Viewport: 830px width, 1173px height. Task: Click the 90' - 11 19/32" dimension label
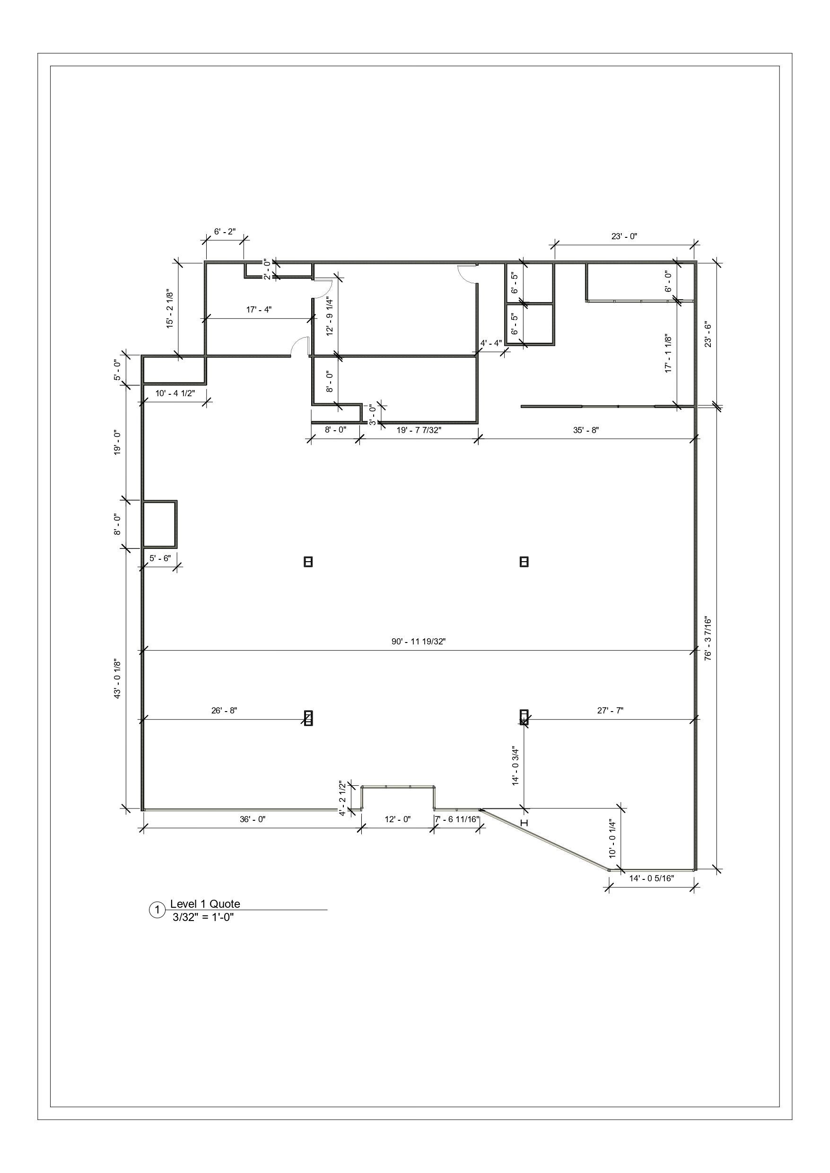click(x=419, y=642)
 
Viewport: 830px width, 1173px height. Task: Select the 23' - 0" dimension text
click(x=624, y=236)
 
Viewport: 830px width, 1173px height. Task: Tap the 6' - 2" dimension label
click(x=225, y=232)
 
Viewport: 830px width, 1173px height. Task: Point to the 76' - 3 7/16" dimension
click(x=708, y=638)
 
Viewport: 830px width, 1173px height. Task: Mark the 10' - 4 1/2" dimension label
click(x=175, y=393)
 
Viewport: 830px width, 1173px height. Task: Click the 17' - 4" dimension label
click(x=259, y=309)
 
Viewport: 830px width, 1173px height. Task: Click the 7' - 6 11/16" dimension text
click(x=457, y=819)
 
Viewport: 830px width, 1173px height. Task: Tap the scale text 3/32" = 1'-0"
click(x=203, y=916)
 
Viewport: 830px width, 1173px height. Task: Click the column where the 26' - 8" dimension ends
click(x=308, y=718)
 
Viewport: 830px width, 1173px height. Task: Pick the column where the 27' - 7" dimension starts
click(x=524, y=717)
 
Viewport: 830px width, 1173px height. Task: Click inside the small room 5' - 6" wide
click(x=159, y=524)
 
